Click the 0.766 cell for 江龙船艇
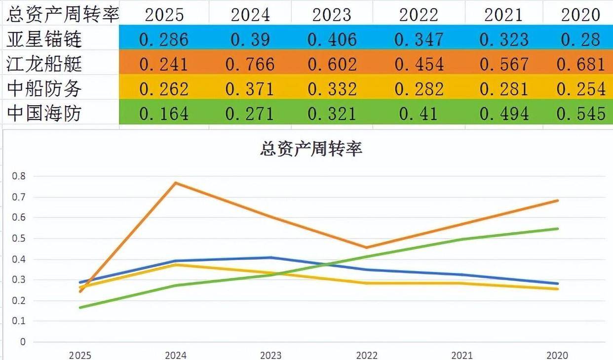(x=250, y=64)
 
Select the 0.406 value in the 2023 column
(x=332, y=39)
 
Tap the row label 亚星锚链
(x=44, y=39)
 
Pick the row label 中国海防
(x=44, y=114)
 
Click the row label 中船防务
(x=44, y=89)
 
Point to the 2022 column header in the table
(x=419, y=14)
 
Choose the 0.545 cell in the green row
(x=581, y=114)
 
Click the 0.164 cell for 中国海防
(x=164, y=114)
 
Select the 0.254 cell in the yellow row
(x=581, y=89)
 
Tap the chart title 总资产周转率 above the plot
(x=311, y=149)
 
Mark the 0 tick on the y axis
(x=22, y=342)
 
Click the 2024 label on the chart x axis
(x=175, y=355)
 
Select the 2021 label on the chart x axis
(x=462, y=355)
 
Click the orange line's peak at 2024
(x=176, y=183)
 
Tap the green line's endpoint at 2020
(x=558, y=229)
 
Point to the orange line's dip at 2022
(x=367, y=247)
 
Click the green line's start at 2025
(x=80, y=308)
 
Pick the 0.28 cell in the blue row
(x=581, y=39)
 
